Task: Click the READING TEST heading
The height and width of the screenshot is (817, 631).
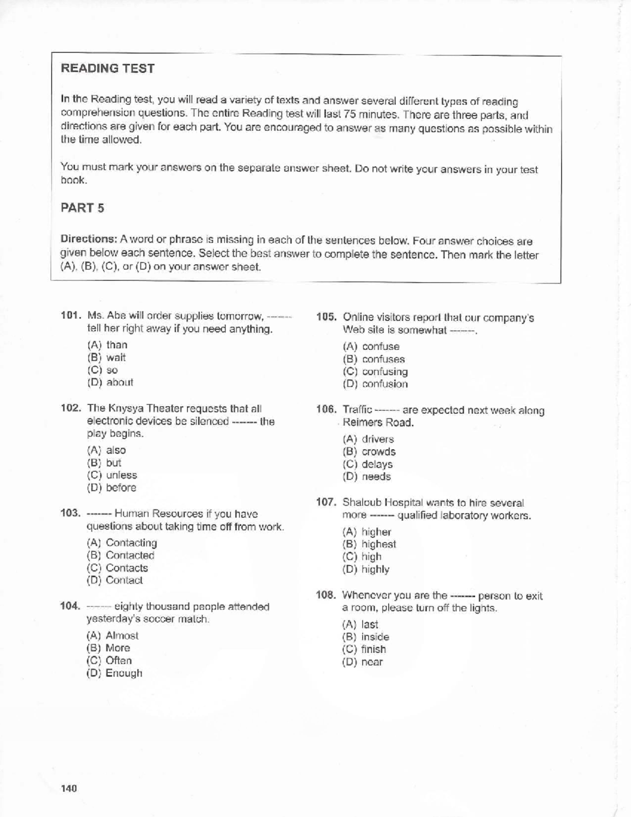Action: click(x=107, y=68)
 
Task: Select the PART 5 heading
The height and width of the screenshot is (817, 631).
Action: click(x=83, y=208)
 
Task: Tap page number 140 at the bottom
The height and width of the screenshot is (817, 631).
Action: click(x=69, y=789)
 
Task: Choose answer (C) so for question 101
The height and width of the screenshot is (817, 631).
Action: click(x=103, y=370)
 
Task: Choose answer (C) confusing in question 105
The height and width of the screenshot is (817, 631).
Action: click(x=375, y=371)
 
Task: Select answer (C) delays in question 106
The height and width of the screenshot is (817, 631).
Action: click(x=368, y=464)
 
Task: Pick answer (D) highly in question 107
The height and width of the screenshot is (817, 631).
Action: click(x=366, y=569)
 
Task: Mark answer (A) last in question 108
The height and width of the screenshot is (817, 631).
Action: click(x=360, y=624)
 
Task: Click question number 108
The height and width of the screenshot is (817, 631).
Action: click(x=326, y=595)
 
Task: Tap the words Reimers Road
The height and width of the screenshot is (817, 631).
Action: click(x=378, y=422)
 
